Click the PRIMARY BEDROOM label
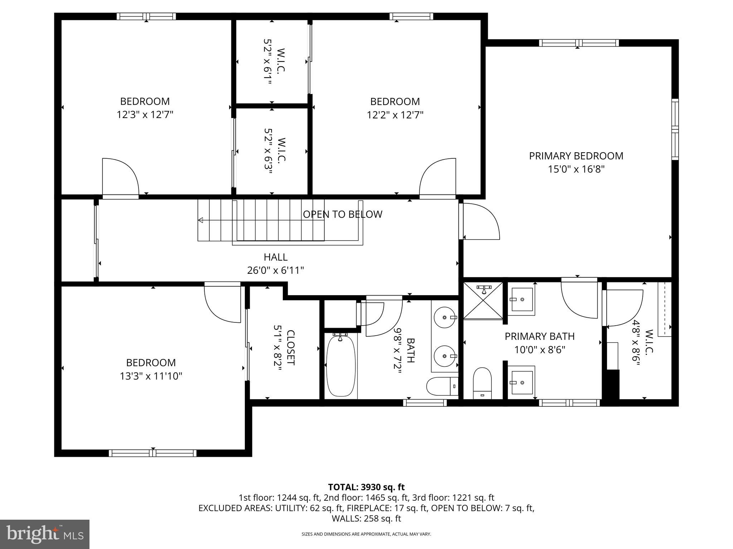click(x=576, y=156)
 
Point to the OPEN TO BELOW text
click(x=343, y=214)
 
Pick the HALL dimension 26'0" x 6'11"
click(x=275, y=270)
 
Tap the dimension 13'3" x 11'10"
click(x=151, y=376)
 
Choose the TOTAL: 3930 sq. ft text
click(x=366, y=487)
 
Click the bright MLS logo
click(x=45, y=534)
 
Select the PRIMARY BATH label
click(x=539, y=336)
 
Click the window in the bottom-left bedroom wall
click(x=152, y=453)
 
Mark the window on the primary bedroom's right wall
click(x=675, y=129)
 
